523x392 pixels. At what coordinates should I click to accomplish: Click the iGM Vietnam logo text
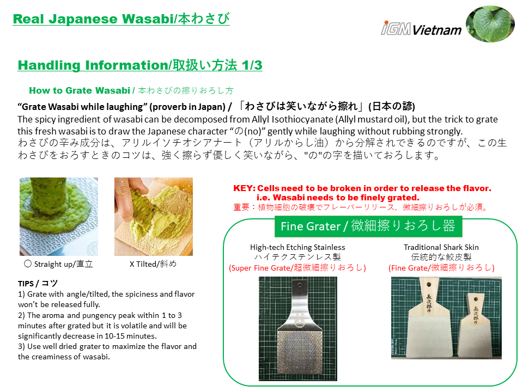421,28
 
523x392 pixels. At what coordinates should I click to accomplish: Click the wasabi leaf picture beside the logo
490,23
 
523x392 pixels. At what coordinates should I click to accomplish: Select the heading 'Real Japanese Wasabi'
93,19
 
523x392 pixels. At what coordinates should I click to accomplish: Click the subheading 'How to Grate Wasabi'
80,90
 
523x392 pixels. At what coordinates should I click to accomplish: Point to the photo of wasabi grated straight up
59,217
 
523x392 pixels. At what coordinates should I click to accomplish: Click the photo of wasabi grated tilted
154,217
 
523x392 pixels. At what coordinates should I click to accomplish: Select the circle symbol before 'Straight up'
28,264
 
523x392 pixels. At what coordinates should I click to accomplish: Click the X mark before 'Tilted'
132,264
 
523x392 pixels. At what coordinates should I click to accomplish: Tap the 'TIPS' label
26,284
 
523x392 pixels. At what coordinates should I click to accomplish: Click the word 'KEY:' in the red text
244,188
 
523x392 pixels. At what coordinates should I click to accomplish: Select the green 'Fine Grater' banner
368,226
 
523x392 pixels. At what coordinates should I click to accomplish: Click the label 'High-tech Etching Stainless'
297,247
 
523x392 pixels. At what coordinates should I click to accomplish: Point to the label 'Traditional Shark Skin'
441,247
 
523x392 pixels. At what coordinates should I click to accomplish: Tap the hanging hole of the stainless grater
300,285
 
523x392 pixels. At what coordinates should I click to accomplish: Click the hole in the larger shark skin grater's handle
429,285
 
